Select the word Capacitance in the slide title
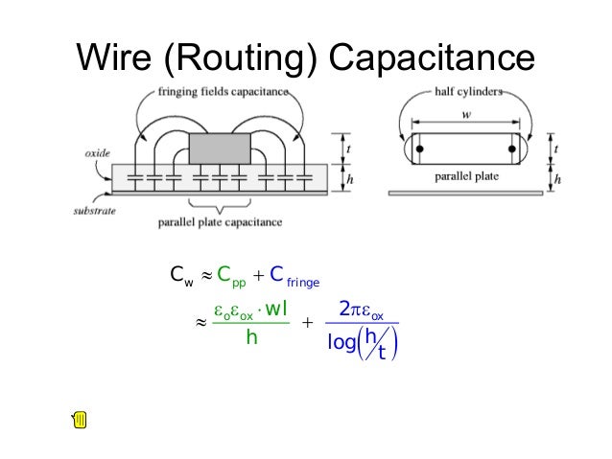[431, 58]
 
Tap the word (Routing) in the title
[243, 59]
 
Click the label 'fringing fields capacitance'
[222, 91]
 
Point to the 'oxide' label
[97, 152]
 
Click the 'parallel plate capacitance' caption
[221, 222]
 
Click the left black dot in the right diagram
[418, 150]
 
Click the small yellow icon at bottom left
[80, 419]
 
